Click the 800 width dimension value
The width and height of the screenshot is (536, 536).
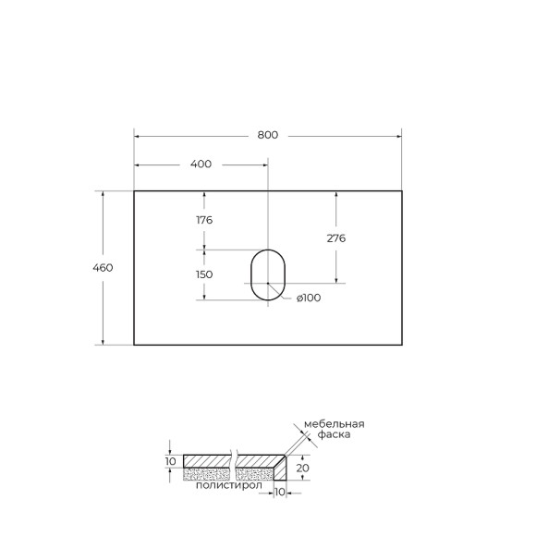[x=267, y=135]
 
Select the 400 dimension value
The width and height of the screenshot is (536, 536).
[x=201, y=164]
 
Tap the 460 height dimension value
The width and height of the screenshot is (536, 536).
[x=103, y=268]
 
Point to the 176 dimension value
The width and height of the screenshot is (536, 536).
[x=204, y=220]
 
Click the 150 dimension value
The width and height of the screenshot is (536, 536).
[x=204, y=274]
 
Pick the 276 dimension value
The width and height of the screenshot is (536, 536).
[x=336, y=238]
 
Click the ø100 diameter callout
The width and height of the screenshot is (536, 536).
[x=308, y=298]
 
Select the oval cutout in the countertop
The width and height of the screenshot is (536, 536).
[x=268, y=274]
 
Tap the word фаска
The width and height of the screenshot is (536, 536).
[x=334, y=435]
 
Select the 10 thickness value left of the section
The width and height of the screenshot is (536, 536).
[x=170, y=461]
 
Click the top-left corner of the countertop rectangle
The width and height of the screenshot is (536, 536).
[x=135, y=191]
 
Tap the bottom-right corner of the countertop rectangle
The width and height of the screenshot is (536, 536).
[x=401, y=345]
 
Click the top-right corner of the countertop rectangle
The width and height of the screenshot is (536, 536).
[x=401, y=191]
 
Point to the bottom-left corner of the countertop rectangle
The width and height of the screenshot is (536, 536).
[x=135, y=345]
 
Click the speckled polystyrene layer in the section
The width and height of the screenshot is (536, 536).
[x=207, y=474]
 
